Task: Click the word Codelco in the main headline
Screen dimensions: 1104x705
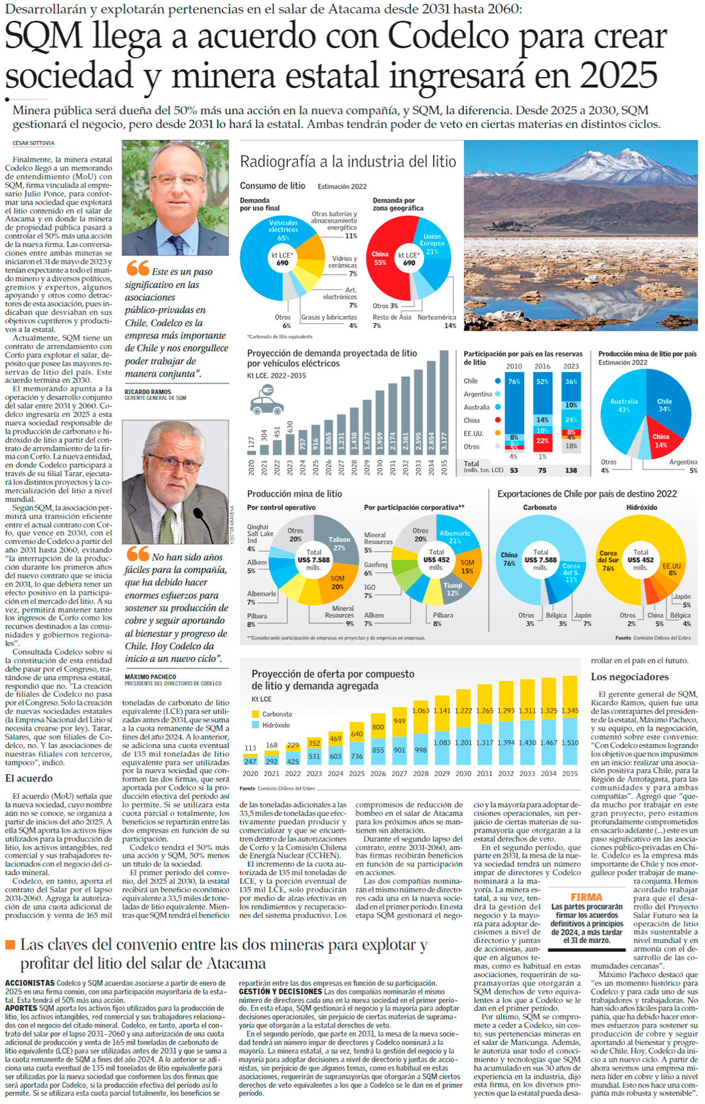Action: click(x=449, y=36)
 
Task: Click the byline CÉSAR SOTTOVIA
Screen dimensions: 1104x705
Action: click(x=33, y=143)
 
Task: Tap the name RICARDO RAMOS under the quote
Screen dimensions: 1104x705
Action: click(x=147, y=392)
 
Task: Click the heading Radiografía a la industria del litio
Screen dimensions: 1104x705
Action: click(x=348, y=162)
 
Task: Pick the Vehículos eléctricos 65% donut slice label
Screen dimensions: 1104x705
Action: click(x=283, y=230)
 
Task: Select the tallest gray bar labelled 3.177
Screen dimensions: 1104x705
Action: click(x=444, y=402)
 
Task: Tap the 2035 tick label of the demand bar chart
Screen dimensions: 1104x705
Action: click(x=444, y=466)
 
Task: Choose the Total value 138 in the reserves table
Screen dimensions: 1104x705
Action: click(x=570, y=470)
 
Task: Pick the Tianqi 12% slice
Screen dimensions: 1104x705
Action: click(x=452, y=589)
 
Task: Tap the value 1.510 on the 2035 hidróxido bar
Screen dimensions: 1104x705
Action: click(x=570, y=742)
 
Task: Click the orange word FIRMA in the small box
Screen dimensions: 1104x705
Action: click(x=586, y=897)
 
